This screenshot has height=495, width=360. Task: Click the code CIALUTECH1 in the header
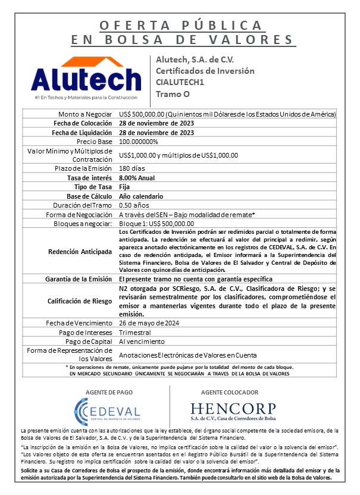point(180,82)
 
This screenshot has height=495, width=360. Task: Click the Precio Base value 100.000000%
point(139,142)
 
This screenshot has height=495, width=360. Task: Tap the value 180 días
point(132,168)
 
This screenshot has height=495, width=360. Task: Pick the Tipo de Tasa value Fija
point(124,186)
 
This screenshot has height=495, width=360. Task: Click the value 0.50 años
point(133,205)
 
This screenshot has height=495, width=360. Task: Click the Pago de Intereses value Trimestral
point(135,332)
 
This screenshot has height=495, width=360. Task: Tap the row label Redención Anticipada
point(80,251)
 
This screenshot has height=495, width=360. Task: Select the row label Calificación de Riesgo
point(79,301)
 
